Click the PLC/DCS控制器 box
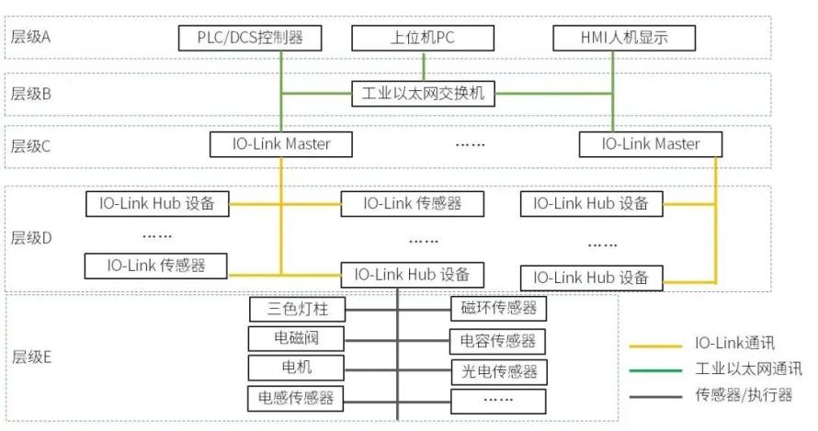pyautogui.click(x=250, y=38)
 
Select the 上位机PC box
pyautogui.click(x=423, y=38)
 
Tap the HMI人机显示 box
pyautogui.click(x=624, y=38)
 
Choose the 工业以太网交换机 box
pyautogui.click(x=423, y=94)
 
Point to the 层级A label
pyautogui.click(x=30, y=37)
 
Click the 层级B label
pyautogui.click(x=30, y=94)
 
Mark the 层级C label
pyautogui.click(x=30, y=146)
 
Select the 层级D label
pyautogui.click(x=31, y=238)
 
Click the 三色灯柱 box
pyautogui.click(x=298, y=309)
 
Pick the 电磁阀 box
pyautogui.click(x=296, y=338)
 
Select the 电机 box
pyautogui.click(x=296, y=368)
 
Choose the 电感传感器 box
pyautogui.click(x=296, y=398)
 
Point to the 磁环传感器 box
pyautogui.click(x=499, y=308)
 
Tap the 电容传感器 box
pyautogui.click(x=498, y=341)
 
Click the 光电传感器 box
pyautogui.click(x=499, y=371)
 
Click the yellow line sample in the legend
pyautogui.click(x=655, y=346)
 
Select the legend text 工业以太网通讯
pyautogui.click(x=749, y=369)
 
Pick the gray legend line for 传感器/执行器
pyautogui.click(x=655, y=397)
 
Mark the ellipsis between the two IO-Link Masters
pyautogui.click(x=470, y=144)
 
